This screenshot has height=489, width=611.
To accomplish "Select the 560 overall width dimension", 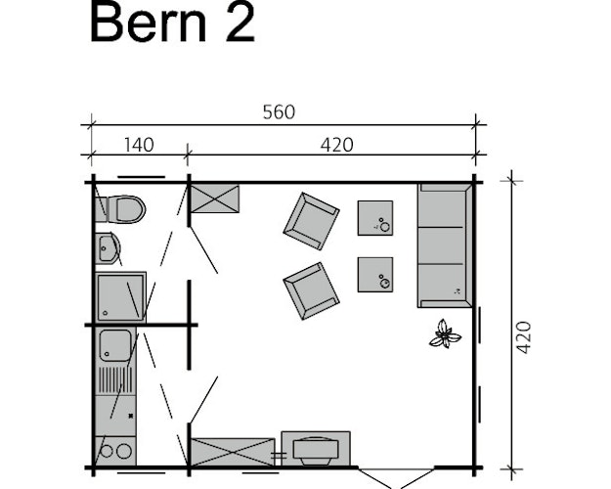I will click(x=279, y=111).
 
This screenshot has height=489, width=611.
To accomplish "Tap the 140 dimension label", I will click(x=139, y=145).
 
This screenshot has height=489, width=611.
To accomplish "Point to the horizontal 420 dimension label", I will click(x=336, y=145).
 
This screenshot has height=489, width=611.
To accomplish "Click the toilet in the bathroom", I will click(x=121, y=208).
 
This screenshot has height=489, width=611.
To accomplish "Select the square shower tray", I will click(x=120, y=296).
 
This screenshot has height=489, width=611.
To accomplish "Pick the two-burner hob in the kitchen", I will click(x=115, y=451).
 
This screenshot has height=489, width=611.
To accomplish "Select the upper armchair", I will click(x=311, y=220).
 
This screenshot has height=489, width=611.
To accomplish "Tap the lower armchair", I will click(x=311, y=290).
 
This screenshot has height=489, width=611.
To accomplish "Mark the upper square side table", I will click(x=375, y=217).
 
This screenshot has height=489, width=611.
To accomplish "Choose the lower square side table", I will click(x=375, y=274).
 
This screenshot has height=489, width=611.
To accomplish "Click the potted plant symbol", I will click(x=445, y=334).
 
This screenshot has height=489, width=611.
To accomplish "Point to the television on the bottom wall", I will click(x=315, y=449).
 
